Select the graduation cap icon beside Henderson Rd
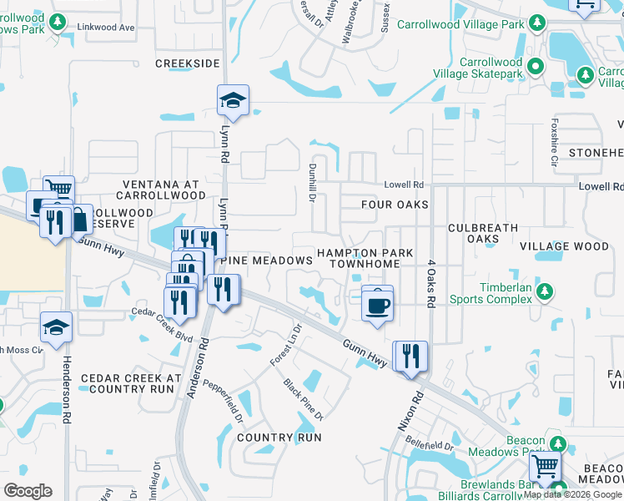56,328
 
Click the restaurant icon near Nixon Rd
410,357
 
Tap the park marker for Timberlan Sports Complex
544,291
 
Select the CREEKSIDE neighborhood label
188,63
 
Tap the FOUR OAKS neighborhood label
395,205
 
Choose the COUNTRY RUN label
279,438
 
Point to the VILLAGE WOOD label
564,246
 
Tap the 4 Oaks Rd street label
431,285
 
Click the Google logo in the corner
28,490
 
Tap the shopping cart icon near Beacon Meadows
545,466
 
